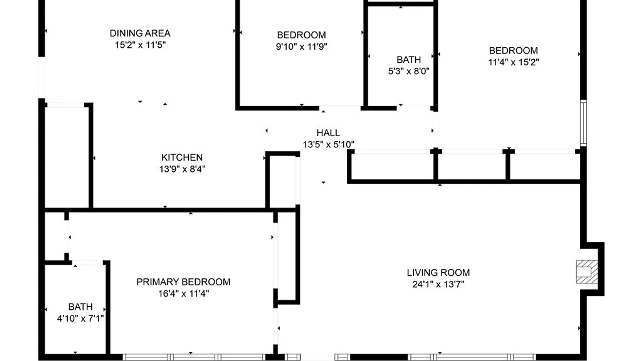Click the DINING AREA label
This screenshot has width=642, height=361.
140,33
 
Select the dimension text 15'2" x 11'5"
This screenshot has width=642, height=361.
140,45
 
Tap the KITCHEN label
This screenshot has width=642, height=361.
182,157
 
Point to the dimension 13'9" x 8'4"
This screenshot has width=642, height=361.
182,169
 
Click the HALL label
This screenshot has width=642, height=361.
328,133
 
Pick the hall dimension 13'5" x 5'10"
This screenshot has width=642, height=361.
328,145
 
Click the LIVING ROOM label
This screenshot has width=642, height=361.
438,273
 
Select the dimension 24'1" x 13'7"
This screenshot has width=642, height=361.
438,284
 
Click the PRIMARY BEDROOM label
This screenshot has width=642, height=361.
183,282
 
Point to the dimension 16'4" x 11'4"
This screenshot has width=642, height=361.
183,294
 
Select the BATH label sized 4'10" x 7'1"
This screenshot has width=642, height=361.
80,307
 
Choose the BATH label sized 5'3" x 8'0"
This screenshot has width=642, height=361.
409,60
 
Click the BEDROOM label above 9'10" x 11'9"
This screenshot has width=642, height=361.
301,35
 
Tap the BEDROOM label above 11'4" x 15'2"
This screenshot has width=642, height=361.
513,51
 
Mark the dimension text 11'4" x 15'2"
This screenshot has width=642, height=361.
513,62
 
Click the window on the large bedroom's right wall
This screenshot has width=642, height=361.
583,123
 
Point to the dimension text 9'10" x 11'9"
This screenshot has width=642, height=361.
301,47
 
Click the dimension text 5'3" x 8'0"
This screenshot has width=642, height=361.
409,71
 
